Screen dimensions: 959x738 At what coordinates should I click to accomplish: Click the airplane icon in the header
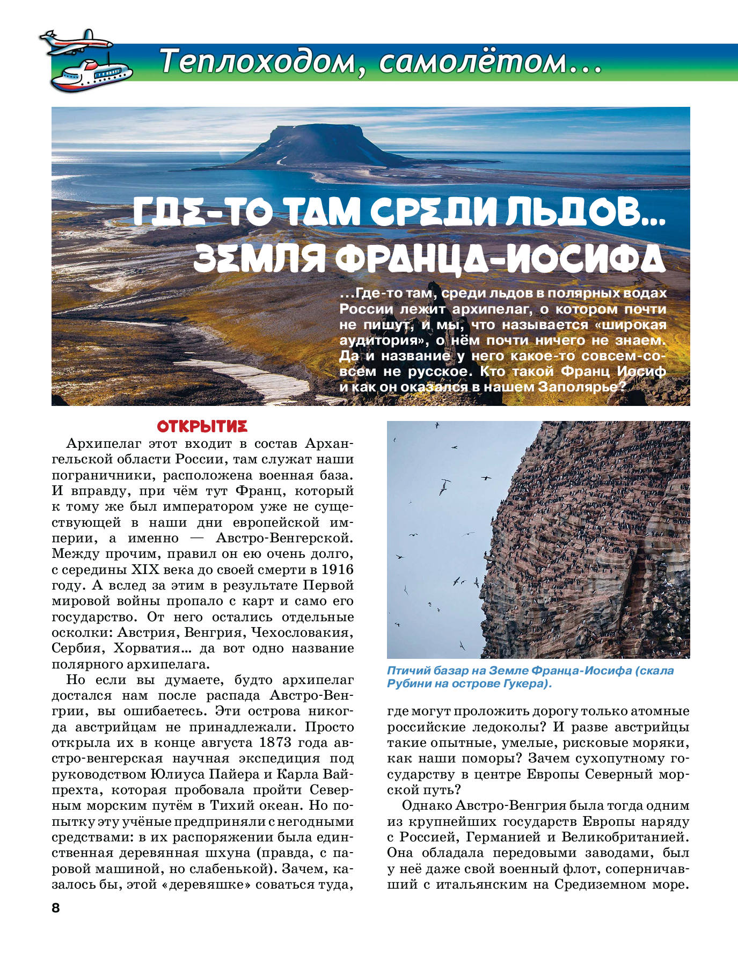[x=75, y=42]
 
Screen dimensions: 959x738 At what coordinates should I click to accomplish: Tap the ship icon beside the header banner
[x=91, y=75]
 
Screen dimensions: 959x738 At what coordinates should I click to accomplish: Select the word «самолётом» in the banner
[x=472, y=61]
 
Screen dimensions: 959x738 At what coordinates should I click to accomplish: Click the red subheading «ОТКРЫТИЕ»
[x=202, y=427]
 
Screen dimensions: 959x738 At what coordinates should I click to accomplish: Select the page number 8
[x=55, y=908]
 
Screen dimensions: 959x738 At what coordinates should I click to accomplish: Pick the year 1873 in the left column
[x=276, y=743]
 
